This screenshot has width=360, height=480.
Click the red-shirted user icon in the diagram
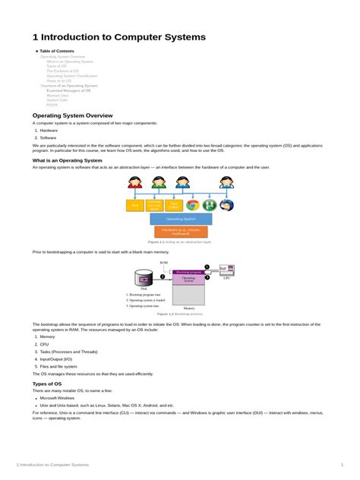click(135, 183)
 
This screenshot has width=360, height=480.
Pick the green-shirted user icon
click(159, 183)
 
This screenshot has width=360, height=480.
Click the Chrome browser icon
click(193, 205)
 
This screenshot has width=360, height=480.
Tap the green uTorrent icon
click(210, 205)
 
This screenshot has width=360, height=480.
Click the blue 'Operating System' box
click(181, 219)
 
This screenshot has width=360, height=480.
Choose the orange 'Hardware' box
click(181, 232)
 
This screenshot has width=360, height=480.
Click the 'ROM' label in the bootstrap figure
click(163, 262)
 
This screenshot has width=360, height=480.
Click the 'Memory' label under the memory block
click(188, 308)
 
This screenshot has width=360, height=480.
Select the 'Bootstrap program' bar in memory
click(188, 271)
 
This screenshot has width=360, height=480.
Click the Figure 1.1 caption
click(180, 242)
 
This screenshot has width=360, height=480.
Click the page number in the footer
click(342, 464)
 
